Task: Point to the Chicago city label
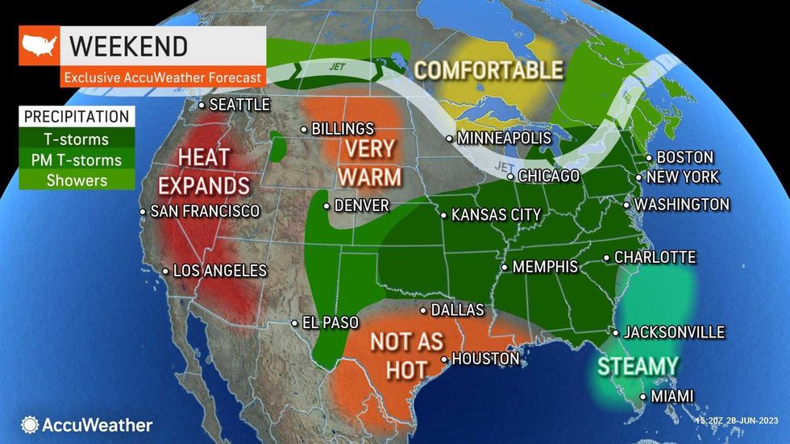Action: (x=548, y=176)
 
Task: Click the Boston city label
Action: (x=684, y=157)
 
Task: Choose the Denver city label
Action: (x=362, y=205)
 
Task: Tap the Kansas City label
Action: (x=495, y=215)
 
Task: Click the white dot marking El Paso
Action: (x=294, y=324)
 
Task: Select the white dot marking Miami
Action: (x=642, y=396)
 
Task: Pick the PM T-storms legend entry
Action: (x=77, y=160)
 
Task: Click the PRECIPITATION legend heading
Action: (x=77, y=117)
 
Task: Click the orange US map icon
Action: (x=39, y=46)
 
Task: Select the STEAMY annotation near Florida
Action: (x=638, y=367)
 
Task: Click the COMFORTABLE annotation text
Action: (x=489, y=70)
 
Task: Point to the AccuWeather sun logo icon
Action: (x=30, y=425)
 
